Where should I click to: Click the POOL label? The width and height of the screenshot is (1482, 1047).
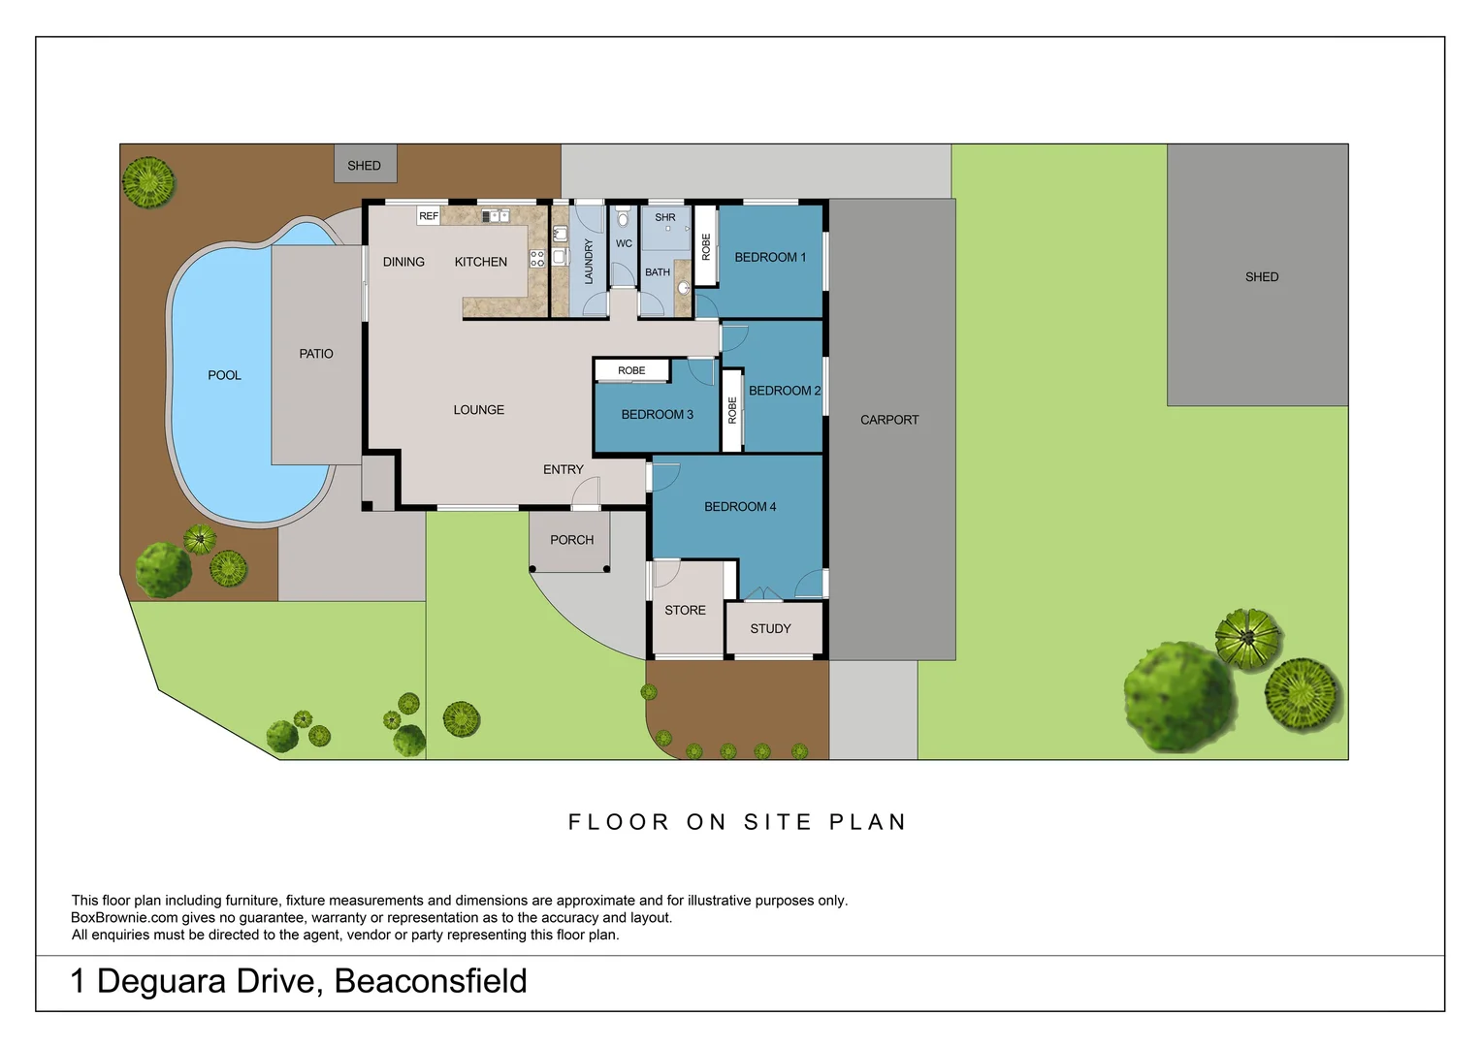tap(224, 376)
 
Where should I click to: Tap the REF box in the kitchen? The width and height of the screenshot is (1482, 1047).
tap(428, 216)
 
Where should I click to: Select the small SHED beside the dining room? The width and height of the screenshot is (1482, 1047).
tap(366, 164)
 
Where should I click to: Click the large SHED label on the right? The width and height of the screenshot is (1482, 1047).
tap(1262, 277)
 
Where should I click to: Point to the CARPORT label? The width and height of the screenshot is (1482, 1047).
tap(889, 420)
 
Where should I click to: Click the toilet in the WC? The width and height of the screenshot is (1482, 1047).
tap(623, 216)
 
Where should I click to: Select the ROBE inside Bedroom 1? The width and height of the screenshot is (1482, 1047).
tap(705, 246)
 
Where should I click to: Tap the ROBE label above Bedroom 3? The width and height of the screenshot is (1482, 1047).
tap(631, 370)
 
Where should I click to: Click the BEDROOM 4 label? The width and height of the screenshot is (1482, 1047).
tap(740, 507)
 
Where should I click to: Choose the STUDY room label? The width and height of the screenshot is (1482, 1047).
tap(770, 629)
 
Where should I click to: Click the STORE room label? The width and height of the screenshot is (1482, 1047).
tap(685, 611)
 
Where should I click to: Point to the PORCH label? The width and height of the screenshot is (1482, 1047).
tap(571, 540)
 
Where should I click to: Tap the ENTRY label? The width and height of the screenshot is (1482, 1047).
tap(564, 469)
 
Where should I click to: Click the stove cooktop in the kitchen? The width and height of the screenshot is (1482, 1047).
tap(536, 258)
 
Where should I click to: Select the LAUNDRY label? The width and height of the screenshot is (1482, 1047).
tap(588, 262)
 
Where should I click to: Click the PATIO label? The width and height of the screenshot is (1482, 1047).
tap(315, 354)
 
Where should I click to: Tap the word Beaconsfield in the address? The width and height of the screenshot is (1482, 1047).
tap(430, 980)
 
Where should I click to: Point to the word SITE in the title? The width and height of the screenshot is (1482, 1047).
tap(778, 822)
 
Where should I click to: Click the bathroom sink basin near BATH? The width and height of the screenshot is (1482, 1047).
tap(684, 288)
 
